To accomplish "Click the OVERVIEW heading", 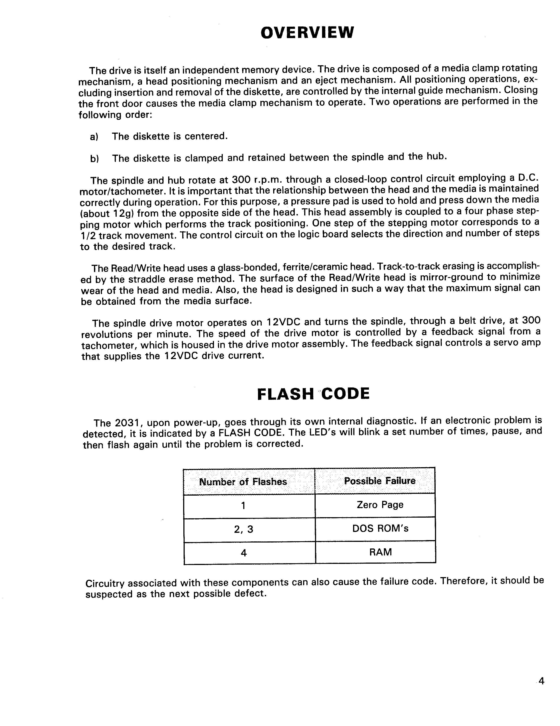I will tap(307, 33).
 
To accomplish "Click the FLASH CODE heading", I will tap(313, 394).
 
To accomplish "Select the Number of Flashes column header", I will tap(243, 482).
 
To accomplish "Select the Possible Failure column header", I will tap(380, 481).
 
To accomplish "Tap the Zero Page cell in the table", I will tap(380, 505).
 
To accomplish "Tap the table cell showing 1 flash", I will tap(243, 506).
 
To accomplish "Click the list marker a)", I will tap(94, 137).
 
